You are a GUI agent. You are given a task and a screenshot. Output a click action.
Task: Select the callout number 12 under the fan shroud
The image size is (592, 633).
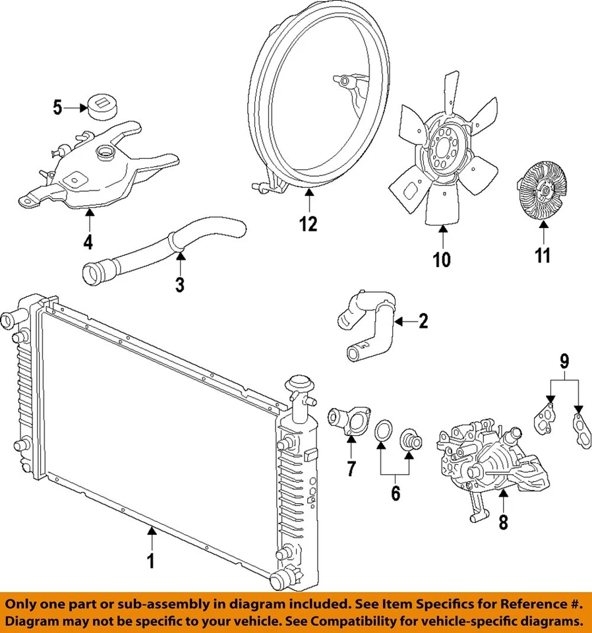[308, 224]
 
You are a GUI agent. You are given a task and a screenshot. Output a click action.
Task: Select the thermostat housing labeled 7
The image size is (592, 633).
[348, 425]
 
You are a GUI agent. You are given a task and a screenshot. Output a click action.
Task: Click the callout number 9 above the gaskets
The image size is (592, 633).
[564, 361]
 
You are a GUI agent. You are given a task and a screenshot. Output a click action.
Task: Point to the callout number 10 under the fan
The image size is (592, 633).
[442, 259]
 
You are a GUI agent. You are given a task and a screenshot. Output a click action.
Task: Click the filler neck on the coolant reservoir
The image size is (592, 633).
[105, 155]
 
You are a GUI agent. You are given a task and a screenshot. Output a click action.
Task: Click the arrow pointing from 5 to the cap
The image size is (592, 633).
[73, 107]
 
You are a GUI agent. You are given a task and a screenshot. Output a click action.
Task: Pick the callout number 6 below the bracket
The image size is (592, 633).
[395, 493]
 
